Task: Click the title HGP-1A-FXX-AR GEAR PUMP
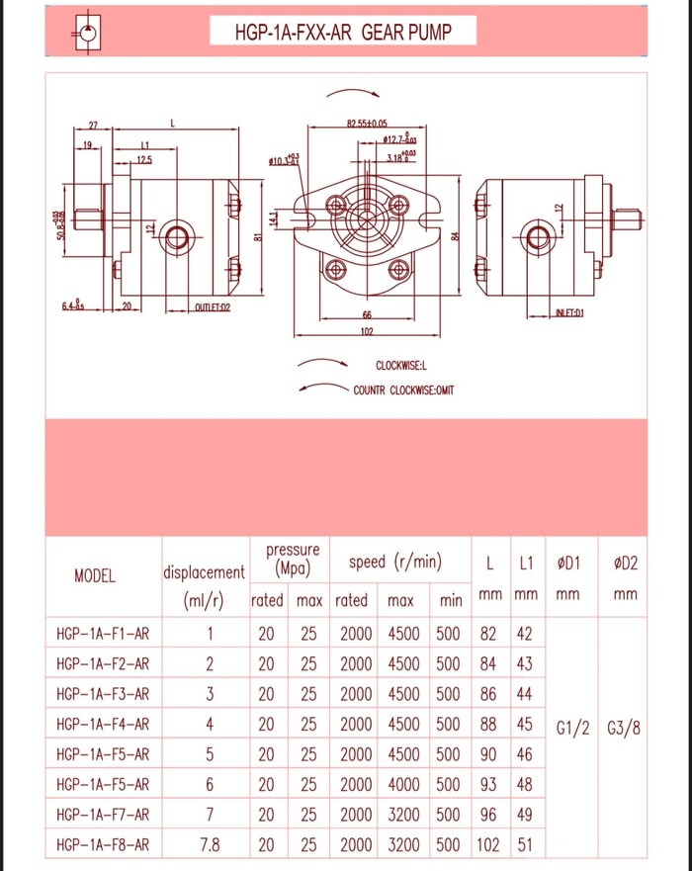point(343,33)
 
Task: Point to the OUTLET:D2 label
point(212,307)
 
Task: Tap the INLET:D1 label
point(570,312)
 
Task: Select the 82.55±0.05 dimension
point(367,123)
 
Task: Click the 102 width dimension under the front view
point(366,331)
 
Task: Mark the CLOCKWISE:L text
point(400,366)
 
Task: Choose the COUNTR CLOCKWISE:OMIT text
point(403,390)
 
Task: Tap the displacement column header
point(204,572)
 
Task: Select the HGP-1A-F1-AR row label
point(103,634)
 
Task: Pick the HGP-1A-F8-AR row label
point(103,845)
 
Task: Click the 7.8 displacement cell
point(210,845)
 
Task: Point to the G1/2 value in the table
point(573,730)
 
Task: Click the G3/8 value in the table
point(623,730)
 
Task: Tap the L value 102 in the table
point(488,845)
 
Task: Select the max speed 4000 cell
point(401,785)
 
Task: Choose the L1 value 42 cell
point(525,634)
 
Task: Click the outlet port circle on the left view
point(179,236)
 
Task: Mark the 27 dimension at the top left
point(94,125)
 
